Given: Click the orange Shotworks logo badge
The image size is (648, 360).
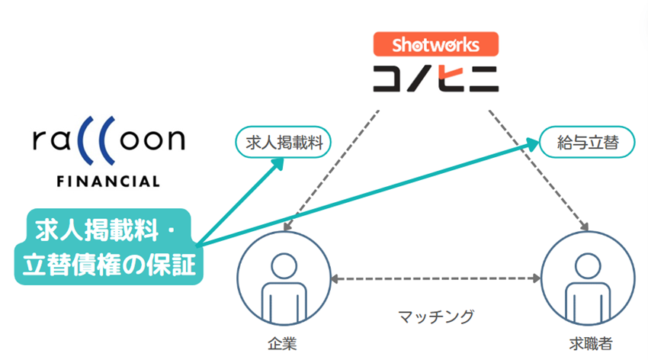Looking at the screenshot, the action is pyautogui.click(x=435, y=44).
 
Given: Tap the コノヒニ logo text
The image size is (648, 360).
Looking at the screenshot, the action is pyautogui.click(x=435, y=78).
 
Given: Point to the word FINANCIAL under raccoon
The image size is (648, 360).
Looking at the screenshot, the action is pyautogui.click(x=108, y=182).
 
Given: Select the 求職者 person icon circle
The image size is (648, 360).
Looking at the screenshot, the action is pyautogui.click(x=587, y=281).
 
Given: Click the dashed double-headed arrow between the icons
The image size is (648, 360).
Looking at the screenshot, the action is pyautogui.click(x=435, y=280).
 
